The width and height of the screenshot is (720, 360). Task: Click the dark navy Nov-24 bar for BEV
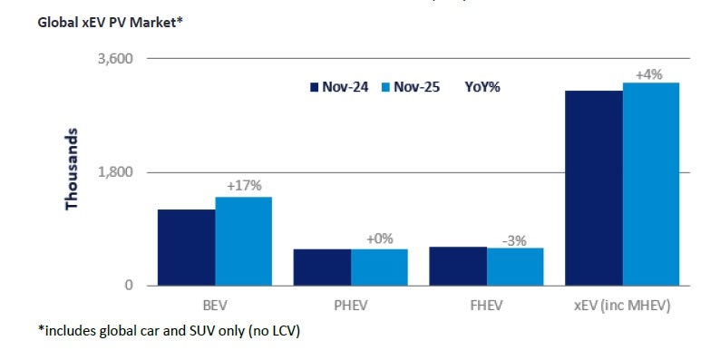click(186, 248)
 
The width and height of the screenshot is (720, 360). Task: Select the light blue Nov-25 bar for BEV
click(243, 241)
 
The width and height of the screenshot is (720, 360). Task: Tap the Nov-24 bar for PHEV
click(322, 268)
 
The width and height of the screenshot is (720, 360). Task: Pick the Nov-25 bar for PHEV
click(379, 268)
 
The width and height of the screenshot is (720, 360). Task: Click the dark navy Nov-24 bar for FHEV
click(458, 267)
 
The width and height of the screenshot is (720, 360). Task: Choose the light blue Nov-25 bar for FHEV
click(515, 267)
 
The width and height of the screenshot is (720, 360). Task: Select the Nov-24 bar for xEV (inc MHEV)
click(594, 188)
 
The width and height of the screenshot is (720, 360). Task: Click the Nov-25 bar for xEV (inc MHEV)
click(651, 184)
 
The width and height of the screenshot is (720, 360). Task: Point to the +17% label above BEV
click(244, 186)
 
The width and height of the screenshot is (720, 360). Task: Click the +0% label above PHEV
click(380, 238)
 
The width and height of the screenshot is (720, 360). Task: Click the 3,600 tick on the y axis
click(114, 59)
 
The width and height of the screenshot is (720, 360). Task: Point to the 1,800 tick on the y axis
click(114, 172)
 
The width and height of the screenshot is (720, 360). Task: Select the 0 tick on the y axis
click(128, 286)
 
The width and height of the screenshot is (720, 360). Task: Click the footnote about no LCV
click(169, 331)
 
